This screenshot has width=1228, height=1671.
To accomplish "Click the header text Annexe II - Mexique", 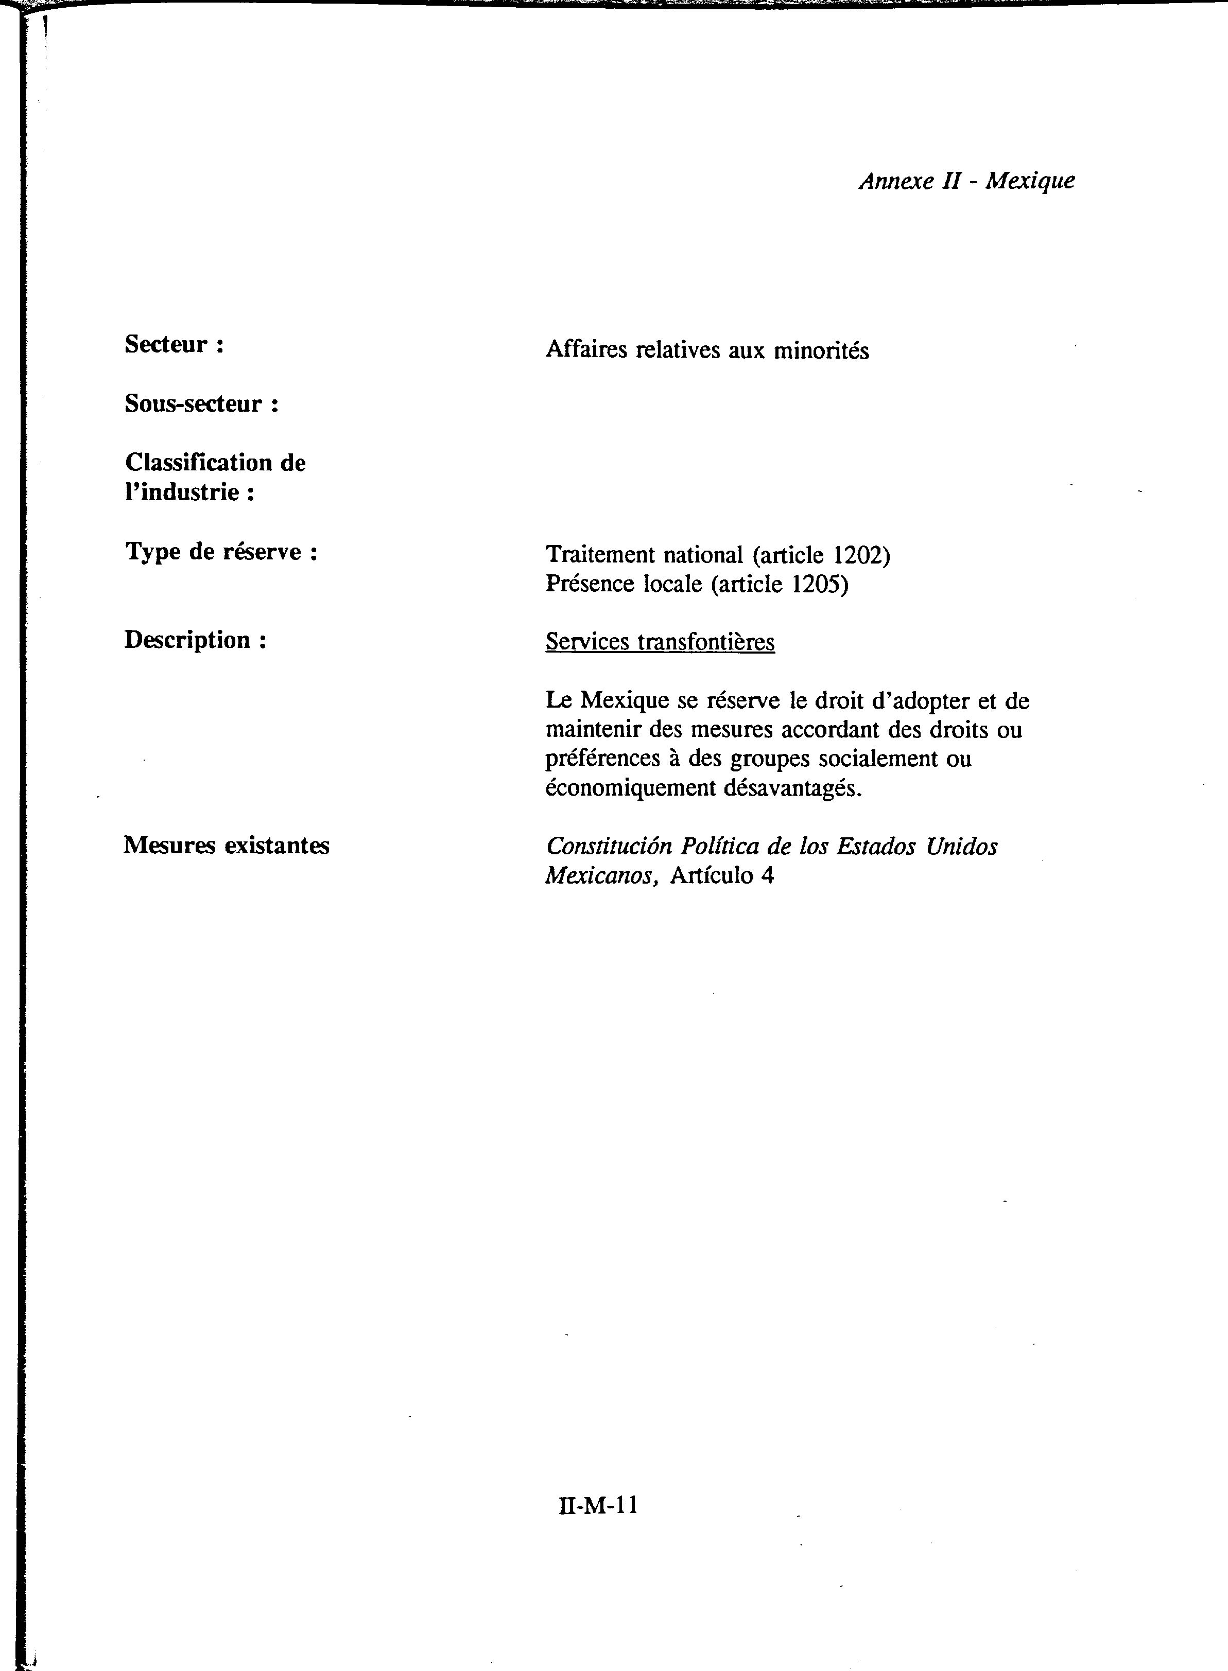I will point(966,181).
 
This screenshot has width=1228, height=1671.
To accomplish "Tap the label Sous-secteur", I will point(201,404).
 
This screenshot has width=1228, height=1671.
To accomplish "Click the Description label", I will point(195,640).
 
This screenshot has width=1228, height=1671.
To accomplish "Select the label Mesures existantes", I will point(226,846).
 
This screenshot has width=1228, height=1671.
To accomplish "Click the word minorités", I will point(821,350).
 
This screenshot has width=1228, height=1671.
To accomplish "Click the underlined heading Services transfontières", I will point(660,642).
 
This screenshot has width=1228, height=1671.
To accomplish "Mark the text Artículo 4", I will point(722,876).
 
